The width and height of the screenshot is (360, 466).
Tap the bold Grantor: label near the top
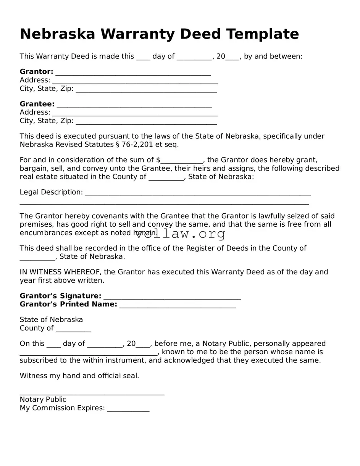tap(36, 72)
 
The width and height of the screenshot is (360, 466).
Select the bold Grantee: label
tap(37, 104)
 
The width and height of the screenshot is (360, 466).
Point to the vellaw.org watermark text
tap(180, 234)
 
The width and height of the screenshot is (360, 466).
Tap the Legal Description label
tap(51, 192)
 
